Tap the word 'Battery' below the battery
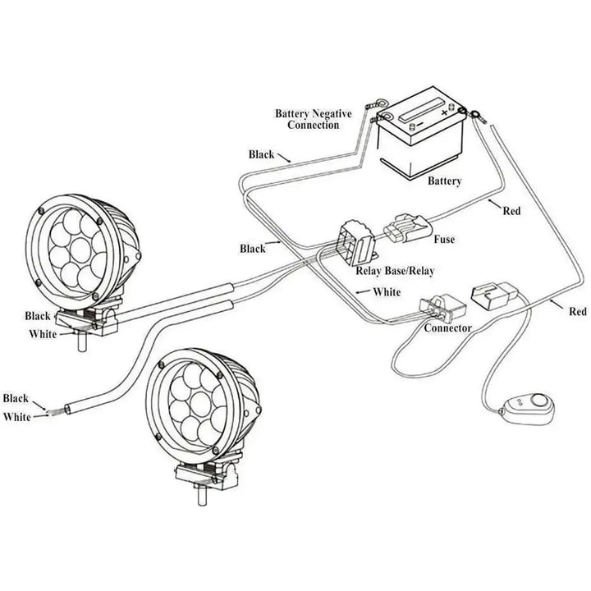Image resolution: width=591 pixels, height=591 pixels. pyautogui.click(x=444, y=181)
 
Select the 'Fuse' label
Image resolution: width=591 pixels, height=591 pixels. pyautogui.click(x=443, y=240)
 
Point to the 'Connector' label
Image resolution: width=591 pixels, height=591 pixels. pyautogui.click(x=447, y=328)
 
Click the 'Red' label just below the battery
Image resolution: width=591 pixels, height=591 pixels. pyautogui.click(x=511, y=211)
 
